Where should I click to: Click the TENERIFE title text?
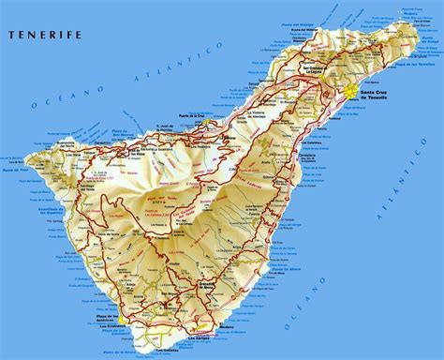click(x=44, y=36)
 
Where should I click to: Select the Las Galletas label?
click(x=170, y=352)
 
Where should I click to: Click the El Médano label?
click(x=233, y=319)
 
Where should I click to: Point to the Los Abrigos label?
click(x=217, y=330)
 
